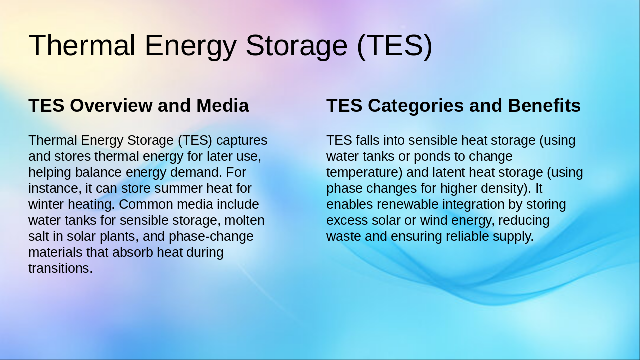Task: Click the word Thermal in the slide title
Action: (82, 45)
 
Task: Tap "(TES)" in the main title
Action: (394, 45)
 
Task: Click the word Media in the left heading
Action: (222, 106)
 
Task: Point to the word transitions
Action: (60, 268)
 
